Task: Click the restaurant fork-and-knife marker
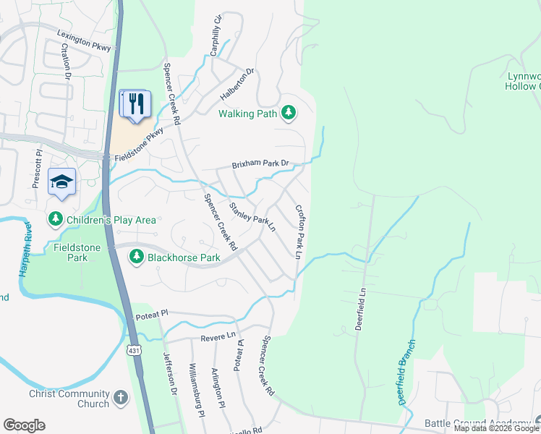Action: click(137, 104)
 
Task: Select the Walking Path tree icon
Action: click(289, 112)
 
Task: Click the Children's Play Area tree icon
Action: click(55, 219)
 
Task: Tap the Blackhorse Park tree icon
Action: click(136, 256)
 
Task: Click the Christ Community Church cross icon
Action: click(120, 399)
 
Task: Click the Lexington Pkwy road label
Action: click(86, 41)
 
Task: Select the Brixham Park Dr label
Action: click(260, 165)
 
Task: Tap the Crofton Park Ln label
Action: click(298, 231)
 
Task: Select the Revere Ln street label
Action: click(221, 336)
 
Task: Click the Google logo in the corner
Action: click(24, 425)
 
